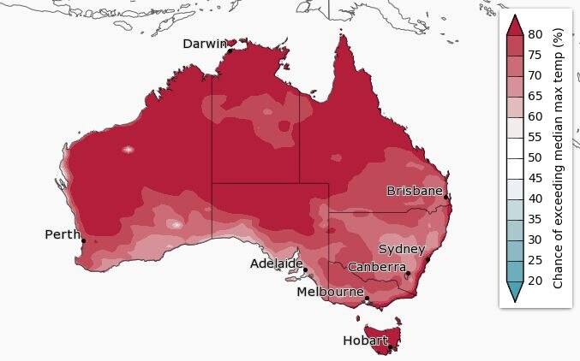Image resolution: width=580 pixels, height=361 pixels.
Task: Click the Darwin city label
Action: (205, 44)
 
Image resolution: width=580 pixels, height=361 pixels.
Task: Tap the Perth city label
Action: (62, 234)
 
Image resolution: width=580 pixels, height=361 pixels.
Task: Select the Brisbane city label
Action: (415, 190)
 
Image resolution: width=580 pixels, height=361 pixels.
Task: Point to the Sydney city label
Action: (402, 249)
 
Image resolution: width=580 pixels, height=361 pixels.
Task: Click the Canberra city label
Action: (377, 267)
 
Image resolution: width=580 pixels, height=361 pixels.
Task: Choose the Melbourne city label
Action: (330, 292)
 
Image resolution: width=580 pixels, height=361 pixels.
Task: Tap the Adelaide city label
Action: (277, 263)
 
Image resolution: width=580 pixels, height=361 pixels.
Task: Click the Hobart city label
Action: (365, 340)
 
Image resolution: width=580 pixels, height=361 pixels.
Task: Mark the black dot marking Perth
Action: (83, 240)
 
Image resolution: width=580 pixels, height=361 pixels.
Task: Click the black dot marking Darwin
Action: (230, 51)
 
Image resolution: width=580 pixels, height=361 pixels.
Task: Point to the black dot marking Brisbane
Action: (446, 197)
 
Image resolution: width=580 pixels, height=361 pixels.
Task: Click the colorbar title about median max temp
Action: (558, 157)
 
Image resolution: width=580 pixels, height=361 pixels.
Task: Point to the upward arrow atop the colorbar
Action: (514, 24)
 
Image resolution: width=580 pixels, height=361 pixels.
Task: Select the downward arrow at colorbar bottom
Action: (514, 292)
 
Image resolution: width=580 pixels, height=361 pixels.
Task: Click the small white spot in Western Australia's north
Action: (129, 149)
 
